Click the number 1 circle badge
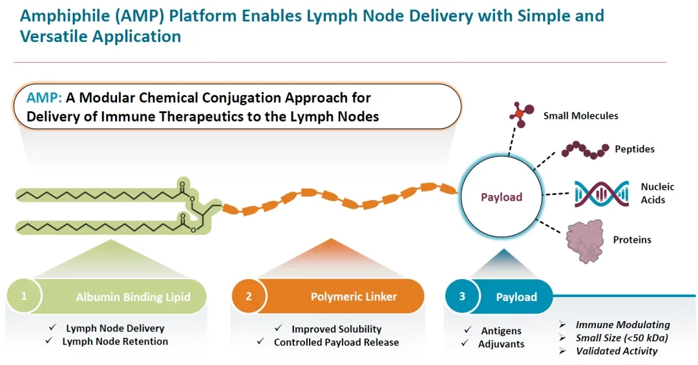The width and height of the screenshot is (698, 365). [24, 296]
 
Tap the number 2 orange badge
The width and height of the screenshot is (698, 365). [249, 297]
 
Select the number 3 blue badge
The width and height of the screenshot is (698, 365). [462, 297]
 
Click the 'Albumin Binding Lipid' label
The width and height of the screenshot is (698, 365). [133, 297]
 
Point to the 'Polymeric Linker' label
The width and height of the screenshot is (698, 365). [354, 297]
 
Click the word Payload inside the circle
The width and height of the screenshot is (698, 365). [502, 197]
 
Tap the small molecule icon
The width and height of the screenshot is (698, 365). [522, 114]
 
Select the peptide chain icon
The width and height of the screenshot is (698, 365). [585, 150]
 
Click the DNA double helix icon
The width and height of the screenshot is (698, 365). [602, 194]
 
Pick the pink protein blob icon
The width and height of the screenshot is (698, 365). [585, 241]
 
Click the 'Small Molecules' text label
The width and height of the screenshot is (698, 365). [580, 116]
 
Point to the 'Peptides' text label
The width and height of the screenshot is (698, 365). [635, 149]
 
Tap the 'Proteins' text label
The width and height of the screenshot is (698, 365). [632, 240]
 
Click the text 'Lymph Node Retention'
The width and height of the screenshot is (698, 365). [115, 341]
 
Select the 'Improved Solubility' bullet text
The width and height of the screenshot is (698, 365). [337, 329]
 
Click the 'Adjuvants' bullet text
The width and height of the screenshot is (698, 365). [502, 344]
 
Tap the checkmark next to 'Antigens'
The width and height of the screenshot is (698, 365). [467, 330]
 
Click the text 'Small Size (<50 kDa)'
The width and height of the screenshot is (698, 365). [622, 338]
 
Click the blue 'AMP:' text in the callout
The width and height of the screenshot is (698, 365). [44, 98]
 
